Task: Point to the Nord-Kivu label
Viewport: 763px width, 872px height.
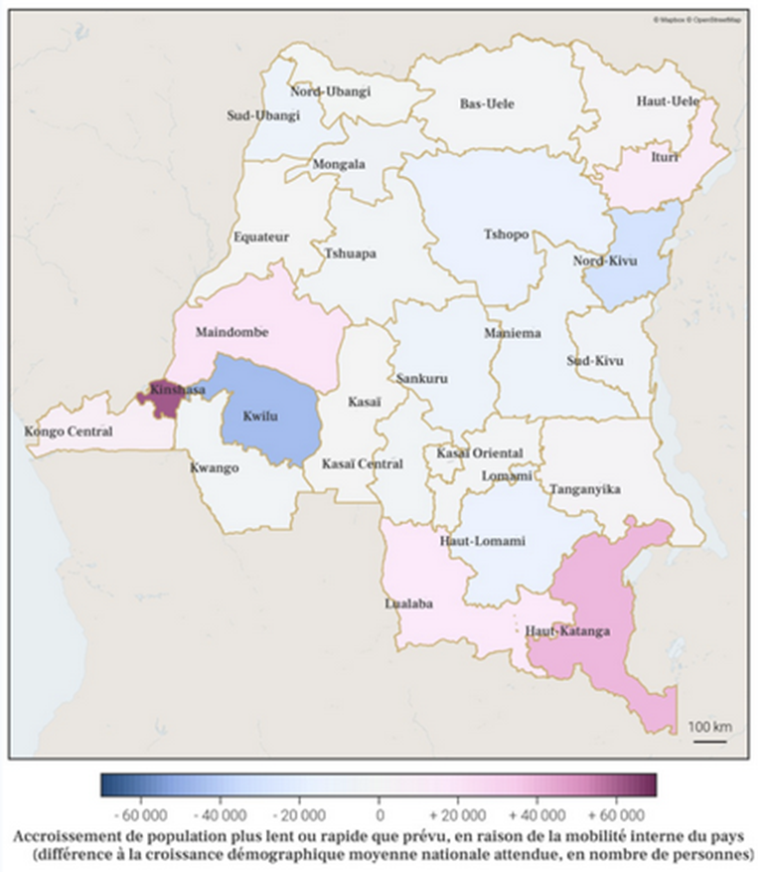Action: (604, 262)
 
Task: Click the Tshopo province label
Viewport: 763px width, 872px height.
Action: (506, 236)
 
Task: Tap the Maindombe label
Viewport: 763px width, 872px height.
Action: (232, 332)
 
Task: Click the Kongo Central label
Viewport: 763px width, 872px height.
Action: (68, 432)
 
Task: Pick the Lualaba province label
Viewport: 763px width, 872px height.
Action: (407, 603)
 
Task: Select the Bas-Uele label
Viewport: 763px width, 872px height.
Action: (487, 103)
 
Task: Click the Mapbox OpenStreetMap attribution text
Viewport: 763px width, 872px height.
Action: (696, 18)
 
